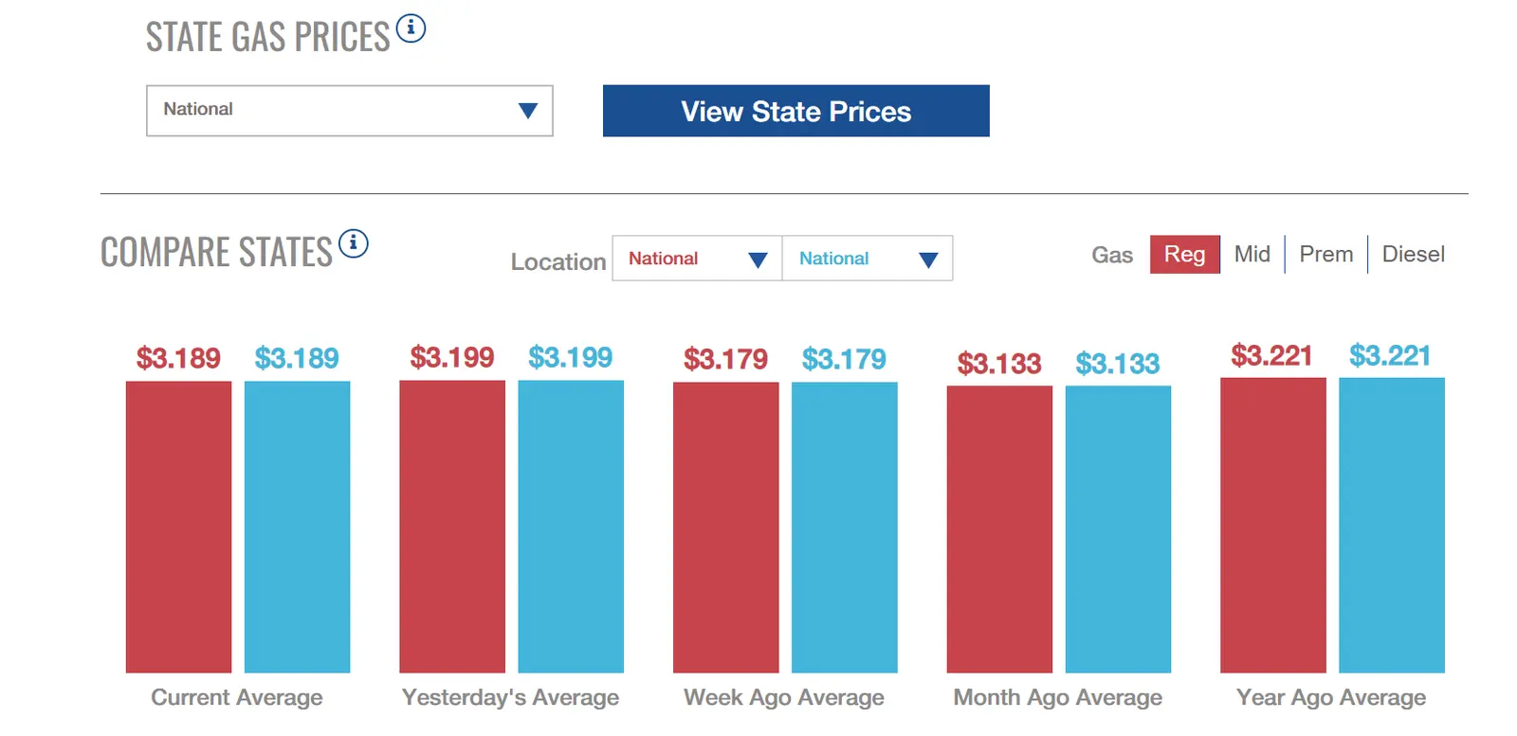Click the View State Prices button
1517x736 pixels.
pos(795,111)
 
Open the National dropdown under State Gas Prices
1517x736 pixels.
pos(349,111)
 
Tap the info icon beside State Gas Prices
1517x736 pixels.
pos(411,28)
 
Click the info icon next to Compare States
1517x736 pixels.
pos(353,243)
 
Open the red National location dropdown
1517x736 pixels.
pos(697,259)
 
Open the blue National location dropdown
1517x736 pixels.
pos(868,259)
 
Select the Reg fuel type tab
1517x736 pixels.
pos(1184,255)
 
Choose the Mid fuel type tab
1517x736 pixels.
pos(1252,255)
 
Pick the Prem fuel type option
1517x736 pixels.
pos(1325,255)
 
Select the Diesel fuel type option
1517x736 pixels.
pos(1413,255)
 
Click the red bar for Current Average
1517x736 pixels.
pos(178,527)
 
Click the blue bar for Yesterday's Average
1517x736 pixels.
pos(571,527)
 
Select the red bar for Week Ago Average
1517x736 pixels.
pos(725,527)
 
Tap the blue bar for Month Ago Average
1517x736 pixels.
pos(1118,529)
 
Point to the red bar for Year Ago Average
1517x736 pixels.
pos(1272,525)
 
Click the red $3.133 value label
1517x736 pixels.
pos(999,364)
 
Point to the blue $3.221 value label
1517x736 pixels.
pos(1390,356)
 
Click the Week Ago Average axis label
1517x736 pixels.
pos(783,698)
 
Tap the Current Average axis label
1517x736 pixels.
pos(237,698)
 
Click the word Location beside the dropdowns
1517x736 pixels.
pos(557,262)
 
